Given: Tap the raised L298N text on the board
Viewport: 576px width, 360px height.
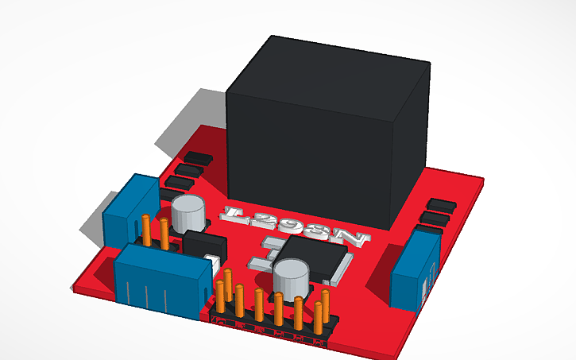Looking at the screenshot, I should coord(295,226).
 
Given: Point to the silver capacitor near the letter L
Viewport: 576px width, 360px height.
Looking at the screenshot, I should coord(187,212).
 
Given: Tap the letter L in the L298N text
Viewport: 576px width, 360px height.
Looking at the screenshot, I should coord(235,213).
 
